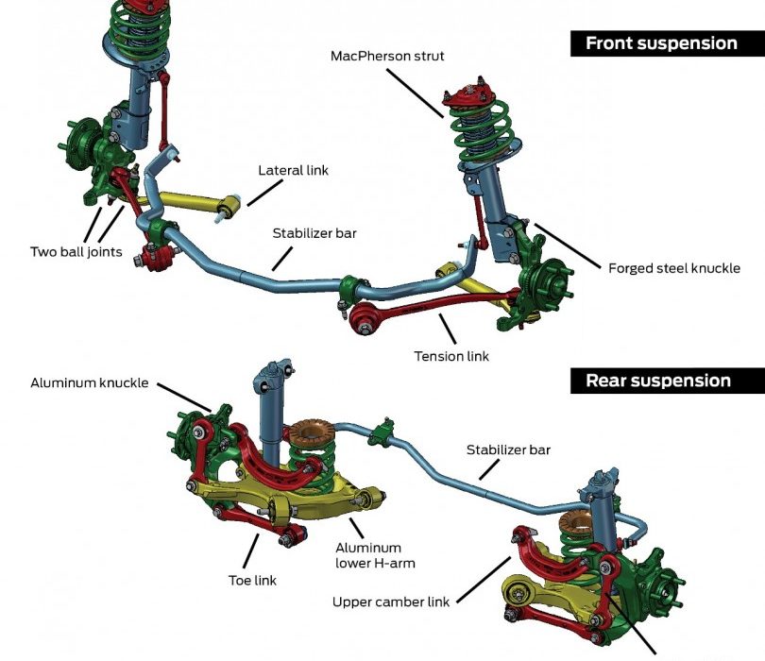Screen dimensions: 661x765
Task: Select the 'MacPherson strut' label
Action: tap(387, 56)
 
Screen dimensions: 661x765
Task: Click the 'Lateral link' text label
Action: tap(293, 171)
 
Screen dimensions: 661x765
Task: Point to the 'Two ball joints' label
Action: tap(76, 252)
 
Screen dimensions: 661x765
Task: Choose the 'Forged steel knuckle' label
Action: tap(672, 268)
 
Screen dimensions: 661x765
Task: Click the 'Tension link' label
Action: tap(452, 356)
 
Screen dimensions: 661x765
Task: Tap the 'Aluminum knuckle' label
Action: tap(90, 382)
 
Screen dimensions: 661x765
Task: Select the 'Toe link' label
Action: tap(252, 580)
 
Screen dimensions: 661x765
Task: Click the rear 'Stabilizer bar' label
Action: tap(508, 450)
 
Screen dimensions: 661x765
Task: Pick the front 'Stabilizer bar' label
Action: tap(315, 232)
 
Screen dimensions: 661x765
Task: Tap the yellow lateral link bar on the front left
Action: tap(194, 201)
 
